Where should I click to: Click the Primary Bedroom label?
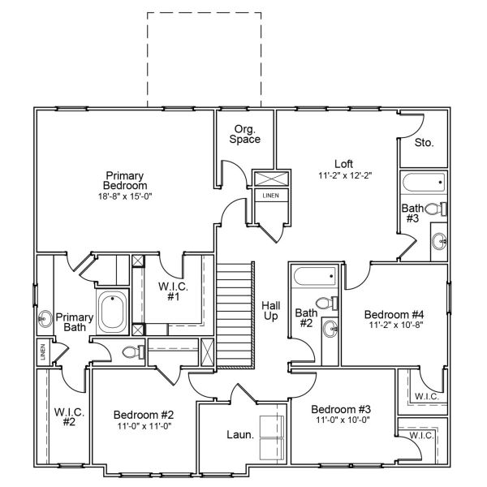pyautogui.click(x=124, y=181)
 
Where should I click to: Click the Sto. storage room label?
pyautogui.click(x=424, y=142)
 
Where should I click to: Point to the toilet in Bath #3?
pyautogui.click(x=434, y=209)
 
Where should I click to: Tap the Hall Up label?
pyautogui.click(x=270, y=310)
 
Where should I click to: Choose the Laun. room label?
pyautogui.click(x=240, y=434)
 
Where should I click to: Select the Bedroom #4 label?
pyautogui.click(x=394, y=315)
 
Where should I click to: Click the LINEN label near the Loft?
pyautogui.click(x=269, y=196)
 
